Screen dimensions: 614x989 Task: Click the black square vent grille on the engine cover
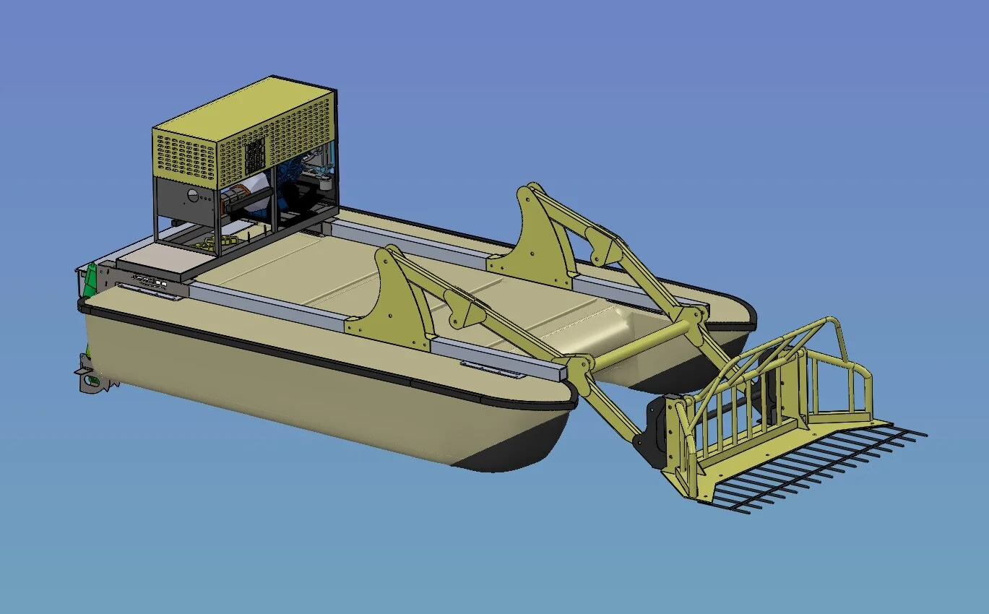click(x=254, y=154)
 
